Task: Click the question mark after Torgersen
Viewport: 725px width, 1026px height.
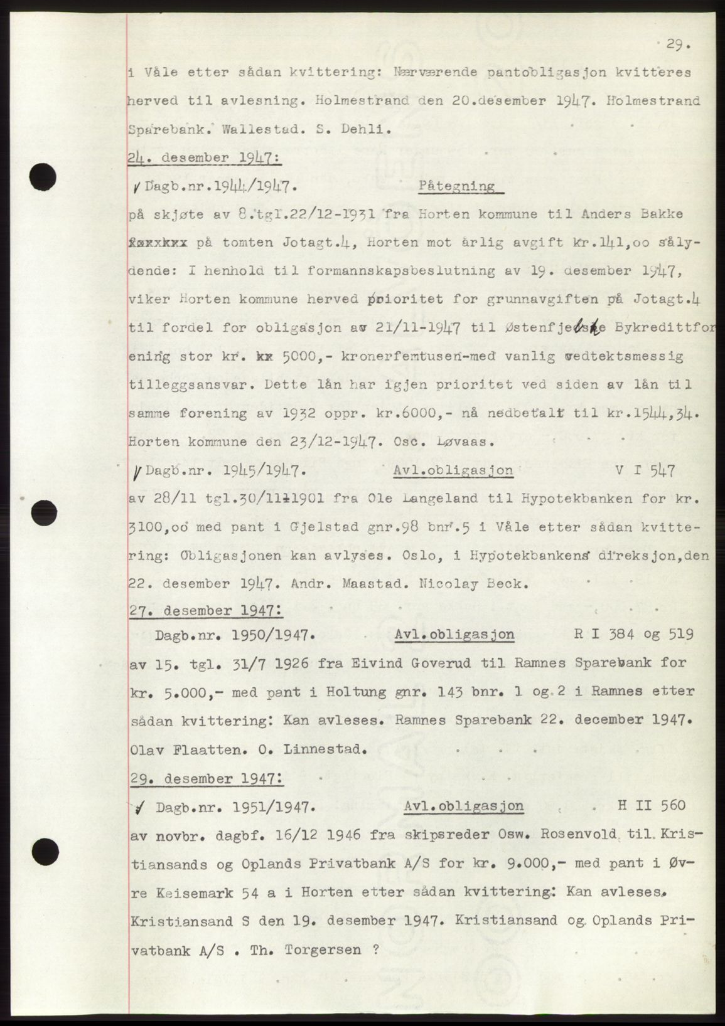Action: tap(375, 949)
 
